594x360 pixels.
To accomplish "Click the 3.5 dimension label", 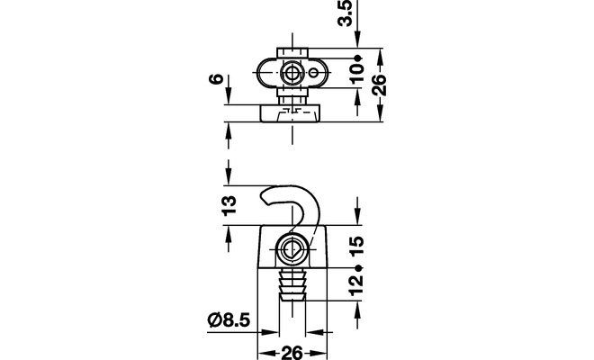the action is (345, 13).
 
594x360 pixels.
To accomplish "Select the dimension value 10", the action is (356, 73).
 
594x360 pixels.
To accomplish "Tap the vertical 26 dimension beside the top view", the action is (379, 85).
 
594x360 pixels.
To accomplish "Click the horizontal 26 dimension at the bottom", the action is (292, 353).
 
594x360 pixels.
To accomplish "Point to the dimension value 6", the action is (216, 79).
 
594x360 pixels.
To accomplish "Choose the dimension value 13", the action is (229, 206).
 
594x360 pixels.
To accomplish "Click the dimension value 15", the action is (356, 246).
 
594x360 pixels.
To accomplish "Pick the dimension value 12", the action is (356, 285).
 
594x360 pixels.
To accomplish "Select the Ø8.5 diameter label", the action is (229, 320).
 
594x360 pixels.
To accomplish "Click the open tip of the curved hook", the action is (263, 200).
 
